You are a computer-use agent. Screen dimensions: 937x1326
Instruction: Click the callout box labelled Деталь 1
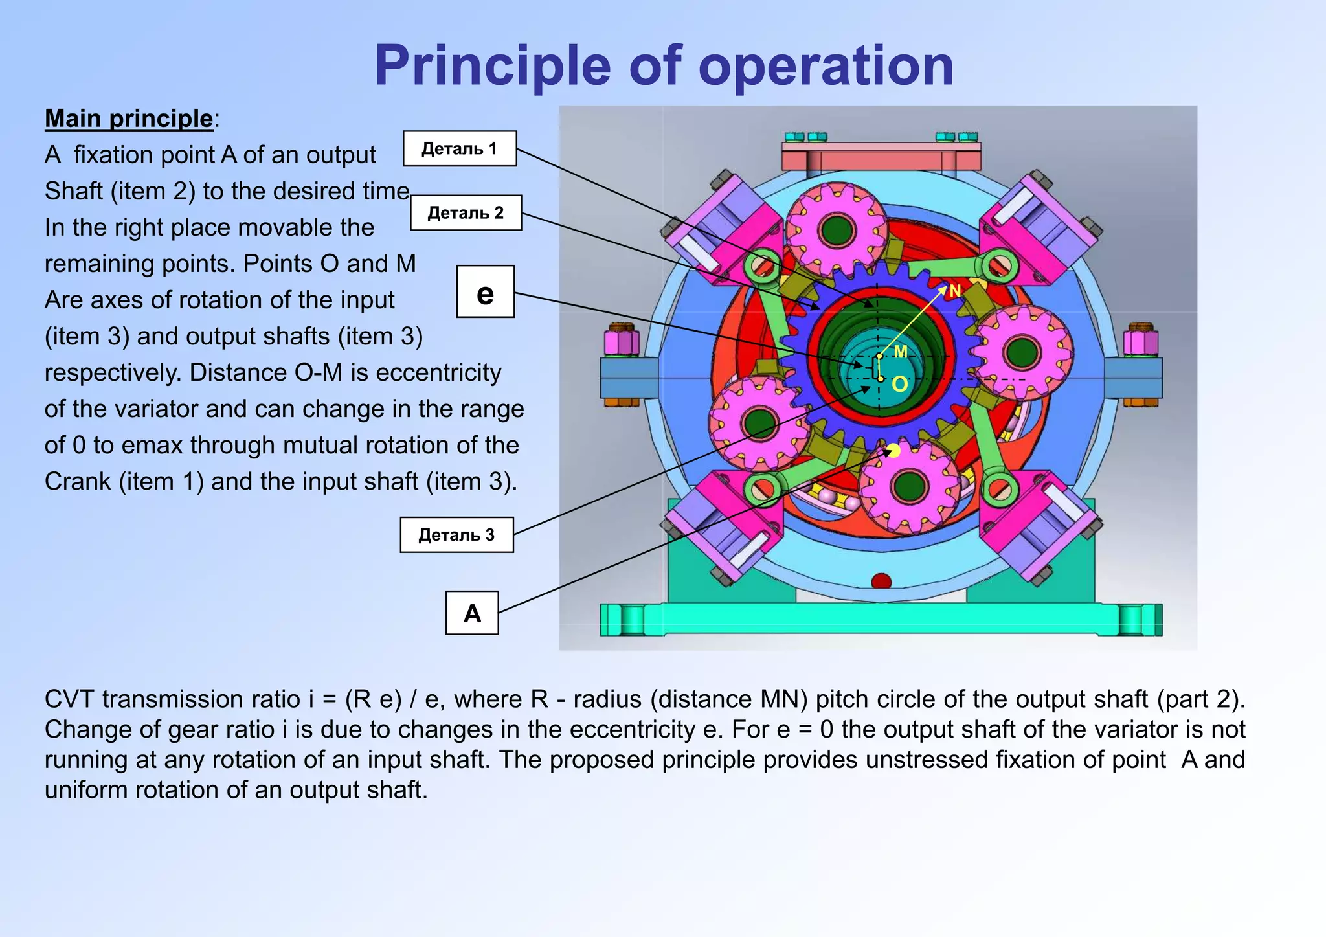click(460, 148)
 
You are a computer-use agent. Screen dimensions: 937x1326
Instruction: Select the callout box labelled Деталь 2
click(466, 212)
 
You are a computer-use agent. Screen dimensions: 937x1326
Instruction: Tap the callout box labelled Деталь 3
click(456, 535)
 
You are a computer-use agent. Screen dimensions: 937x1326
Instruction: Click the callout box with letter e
click(485, 292)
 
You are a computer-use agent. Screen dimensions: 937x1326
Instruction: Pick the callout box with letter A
click(472, 613)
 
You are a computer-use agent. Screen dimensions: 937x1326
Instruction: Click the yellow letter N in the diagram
click(954, 291)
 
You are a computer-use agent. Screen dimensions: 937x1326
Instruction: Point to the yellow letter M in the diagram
click(901, 352)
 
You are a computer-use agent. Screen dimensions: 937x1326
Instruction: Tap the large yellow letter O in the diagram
click(900, 385)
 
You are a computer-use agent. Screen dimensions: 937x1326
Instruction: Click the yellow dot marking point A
click(893, 450)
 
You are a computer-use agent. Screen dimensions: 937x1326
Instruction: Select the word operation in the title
click(826, 65)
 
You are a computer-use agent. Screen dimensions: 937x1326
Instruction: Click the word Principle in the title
click(492, 65)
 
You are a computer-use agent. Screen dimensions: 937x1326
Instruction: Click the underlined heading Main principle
click(129, 119)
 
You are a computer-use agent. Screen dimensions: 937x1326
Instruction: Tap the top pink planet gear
click(836, 229)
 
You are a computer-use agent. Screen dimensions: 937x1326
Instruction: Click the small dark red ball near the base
click(881, 581)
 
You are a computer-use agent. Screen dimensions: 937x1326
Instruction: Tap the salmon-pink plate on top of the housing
click(881, 156)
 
